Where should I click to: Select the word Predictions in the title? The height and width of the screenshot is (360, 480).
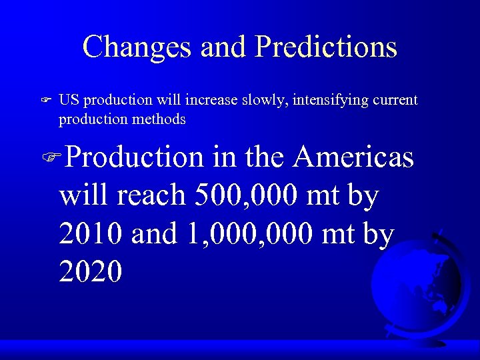[326, 47]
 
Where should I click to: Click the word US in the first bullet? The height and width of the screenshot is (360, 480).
[68, 100]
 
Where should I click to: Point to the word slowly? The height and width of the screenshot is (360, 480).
[264, 100]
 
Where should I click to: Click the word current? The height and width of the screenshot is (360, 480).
[394, 100]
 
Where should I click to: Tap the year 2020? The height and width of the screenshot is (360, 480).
[91, 271]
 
